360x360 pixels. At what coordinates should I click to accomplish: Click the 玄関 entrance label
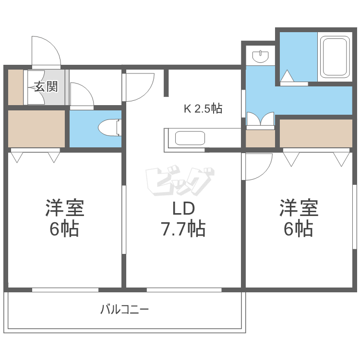(x=46, y=86)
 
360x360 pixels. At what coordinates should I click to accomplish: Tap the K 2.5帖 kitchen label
(x=203, y=109)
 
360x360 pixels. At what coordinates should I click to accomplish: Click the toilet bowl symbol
(x=109, y=129)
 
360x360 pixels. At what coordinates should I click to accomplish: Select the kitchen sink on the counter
(x=191, y=138)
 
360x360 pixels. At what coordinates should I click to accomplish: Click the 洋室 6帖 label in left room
(x=64, y=218)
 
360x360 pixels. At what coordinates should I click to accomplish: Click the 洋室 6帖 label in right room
(x=299, y=218)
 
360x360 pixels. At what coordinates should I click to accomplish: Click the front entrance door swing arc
(x=46, y=50)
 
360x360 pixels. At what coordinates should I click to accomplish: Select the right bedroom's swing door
(x=258, y=166)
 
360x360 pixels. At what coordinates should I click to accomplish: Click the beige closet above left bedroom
(x=36, y=129)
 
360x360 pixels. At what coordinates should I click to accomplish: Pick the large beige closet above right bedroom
(x=316, y=133)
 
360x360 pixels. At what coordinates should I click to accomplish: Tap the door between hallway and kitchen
(x=139, y=86)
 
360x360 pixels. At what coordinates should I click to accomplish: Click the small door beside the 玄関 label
(x=81, y=95)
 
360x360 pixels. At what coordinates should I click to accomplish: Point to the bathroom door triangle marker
(x=287, y=76)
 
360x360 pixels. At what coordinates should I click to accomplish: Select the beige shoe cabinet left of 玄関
(x=15, y=87)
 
